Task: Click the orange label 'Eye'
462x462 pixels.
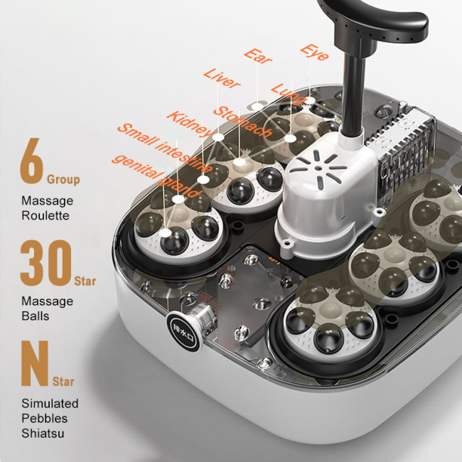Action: pyautogui.click(x=313, y=51)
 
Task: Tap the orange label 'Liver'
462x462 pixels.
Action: pyautogui.click(x=222, y=78)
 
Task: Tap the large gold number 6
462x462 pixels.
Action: pyautogui.click(x=33, y=165)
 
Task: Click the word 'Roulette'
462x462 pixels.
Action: pyautogui.click(x=45, y=215)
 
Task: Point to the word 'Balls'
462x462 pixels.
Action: pyautogui.click(x=36, y=315)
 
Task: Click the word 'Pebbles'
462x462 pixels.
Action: pyautogui.click(x=45, y=417)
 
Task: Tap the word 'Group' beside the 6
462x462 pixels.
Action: pyautogui.click(x=63, y=179)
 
